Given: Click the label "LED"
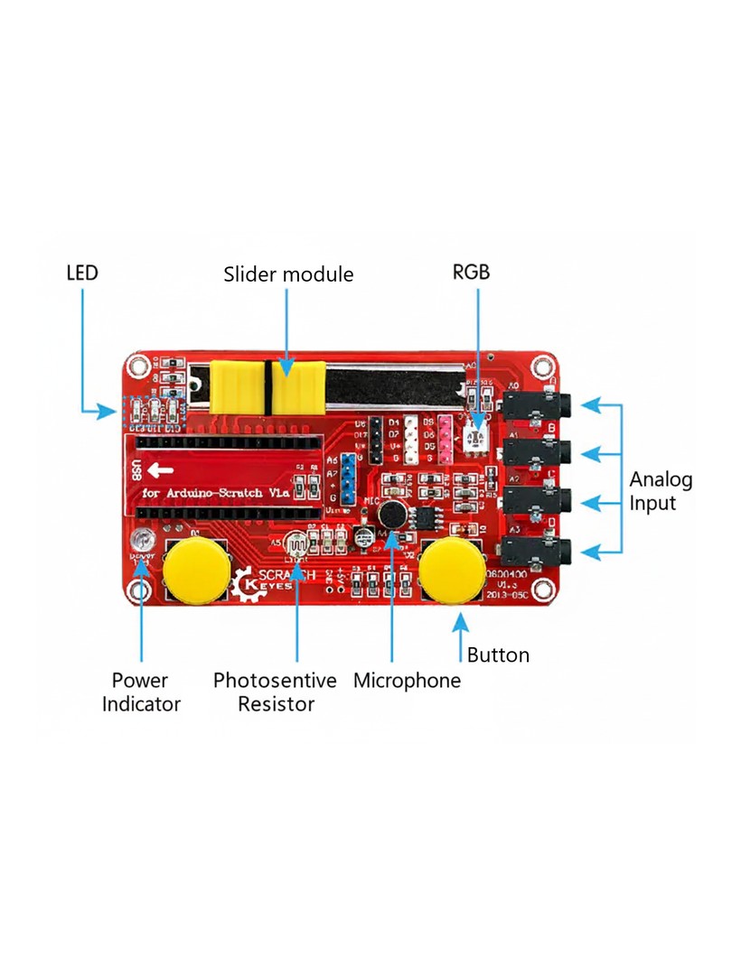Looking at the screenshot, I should point(82,273).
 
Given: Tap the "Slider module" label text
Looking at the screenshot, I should point(288,274).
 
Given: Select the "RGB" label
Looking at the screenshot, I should point(470,271).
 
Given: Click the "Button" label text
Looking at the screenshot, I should point(498,655).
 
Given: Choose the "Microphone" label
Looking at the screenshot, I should point(407,681).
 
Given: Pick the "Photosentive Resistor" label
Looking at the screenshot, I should point(275,692).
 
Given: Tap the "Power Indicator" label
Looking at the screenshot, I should point(141,692).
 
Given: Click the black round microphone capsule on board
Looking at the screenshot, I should point(391,515).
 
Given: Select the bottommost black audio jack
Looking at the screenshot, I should point(538,550).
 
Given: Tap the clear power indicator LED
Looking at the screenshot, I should point(142,543).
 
